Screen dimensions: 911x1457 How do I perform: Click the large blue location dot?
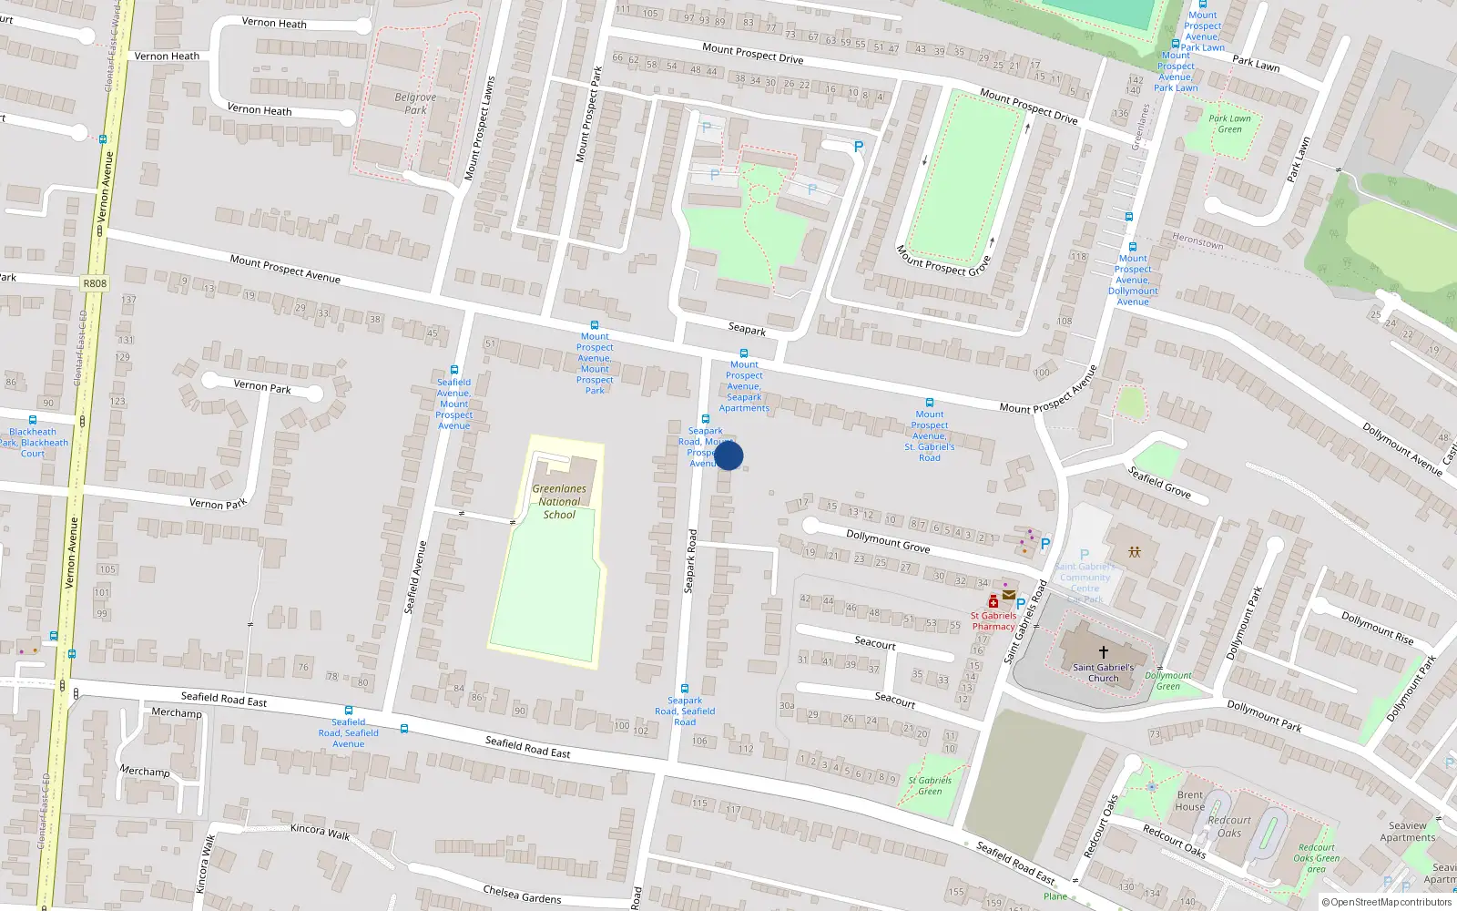[x=728, y=455]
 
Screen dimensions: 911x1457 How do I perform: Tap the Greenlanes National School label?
[x=559, y=502]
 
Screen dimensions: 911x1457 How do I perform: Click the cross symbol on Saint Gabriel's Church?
[x=1103, y=652]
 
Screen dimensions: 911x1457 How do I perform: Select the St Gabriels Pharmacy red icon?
[x=993, y=601]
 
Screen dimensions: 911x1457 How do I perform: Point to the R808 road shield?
[x=95, y=283]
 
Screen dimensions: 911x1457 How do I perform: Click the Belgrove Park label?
[x=415, y=104]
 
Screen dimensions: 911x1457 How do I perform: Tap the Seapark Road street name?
[x=690, y=561]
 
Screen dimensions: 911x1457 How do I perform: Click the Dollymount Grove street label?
[x=888, y=541]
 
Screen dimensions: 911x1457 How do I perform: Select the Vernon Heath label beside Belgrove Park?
[x=260, y=109]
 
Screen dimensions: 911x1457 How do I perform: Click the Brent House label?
[x=1189, y=801]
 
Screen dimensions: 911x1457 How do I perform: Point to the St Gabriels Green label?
[x=930, y=785]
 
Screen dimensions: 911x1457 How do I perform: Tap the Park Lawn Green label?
[x=1229, y=124]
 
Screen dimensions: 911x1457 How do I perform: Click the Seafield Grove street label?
[x=1159, y=482]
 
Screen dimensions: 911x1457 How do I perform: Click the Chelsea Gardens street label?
[x=522, y=895]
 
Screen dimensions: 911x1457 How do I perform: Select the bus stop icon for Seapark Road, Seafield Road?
[x=685, y=689]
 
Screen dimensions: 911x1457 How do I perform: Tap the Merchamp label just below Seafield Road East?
[x=177, y=712]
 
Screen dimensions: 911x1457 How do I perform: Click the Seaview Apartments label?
[x=1407, y=832]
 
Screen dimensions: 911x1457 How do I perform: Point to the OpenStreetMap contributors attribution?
[x=1387, y=903]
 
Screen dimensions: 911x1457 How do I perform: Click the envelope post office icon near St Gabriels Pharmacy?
[x=1009, y=595]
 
